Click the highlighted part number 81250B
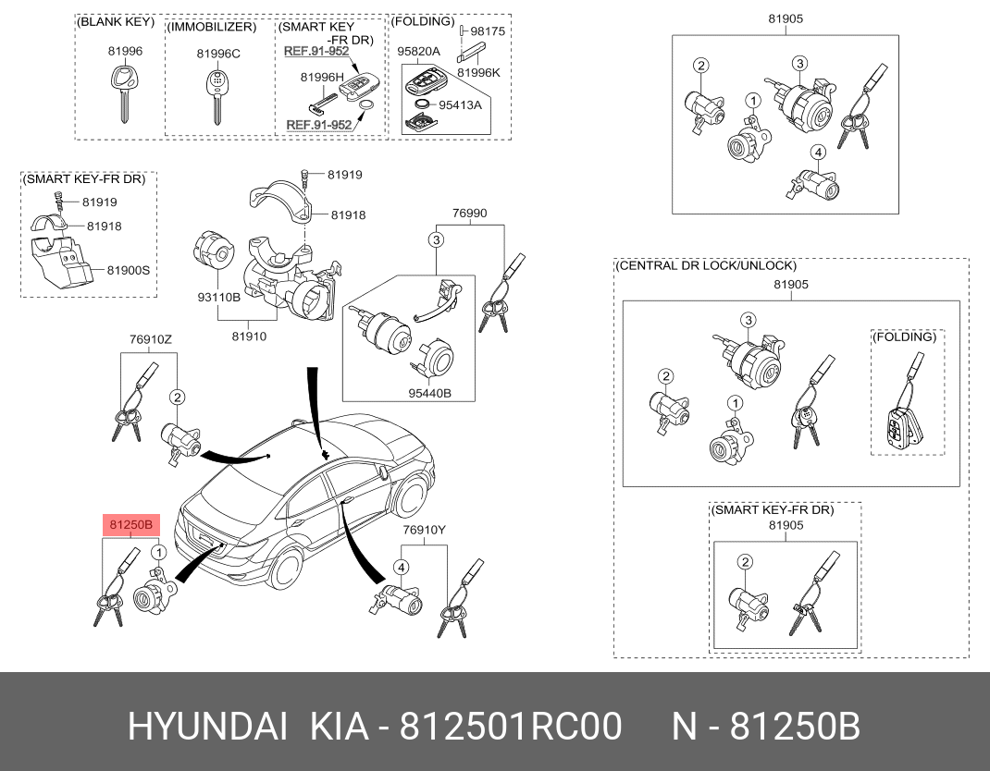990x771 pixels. [x=130, y=524]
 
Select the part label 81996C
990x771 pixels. [x=218, y=54]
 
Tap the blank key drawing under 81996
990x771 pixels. [x=124, y=92]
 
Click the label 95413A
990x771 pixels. [x=460, y=104]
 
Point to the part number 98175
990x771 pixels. [x=488, y=31]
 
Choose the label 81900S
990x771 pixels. [x=129, y=270]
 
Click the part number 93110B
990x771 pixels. [x=218, y=296]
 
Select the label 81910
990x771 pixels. [x=249, y=337]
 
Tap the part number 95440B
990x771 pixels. [x=429, y=393]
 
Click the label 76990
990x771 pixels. [x=470, y=214]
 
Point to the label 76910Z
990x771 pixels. [x=150, y=338]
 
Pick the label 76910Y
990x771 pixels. [x=425, y=530]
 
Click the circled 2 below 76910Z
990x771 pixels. [x=178, y=397]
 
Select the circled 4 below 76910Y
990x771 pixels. [x=402, y=568]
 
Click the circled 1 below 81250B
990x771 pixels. [x=159, y=553]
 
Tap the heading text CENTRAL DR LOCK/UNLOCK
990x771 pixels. [x=706, y=265]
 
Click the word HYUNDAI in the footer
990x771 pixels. [x=208, y=727]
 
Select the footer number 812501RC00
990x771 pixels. [x=512, y=727]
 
